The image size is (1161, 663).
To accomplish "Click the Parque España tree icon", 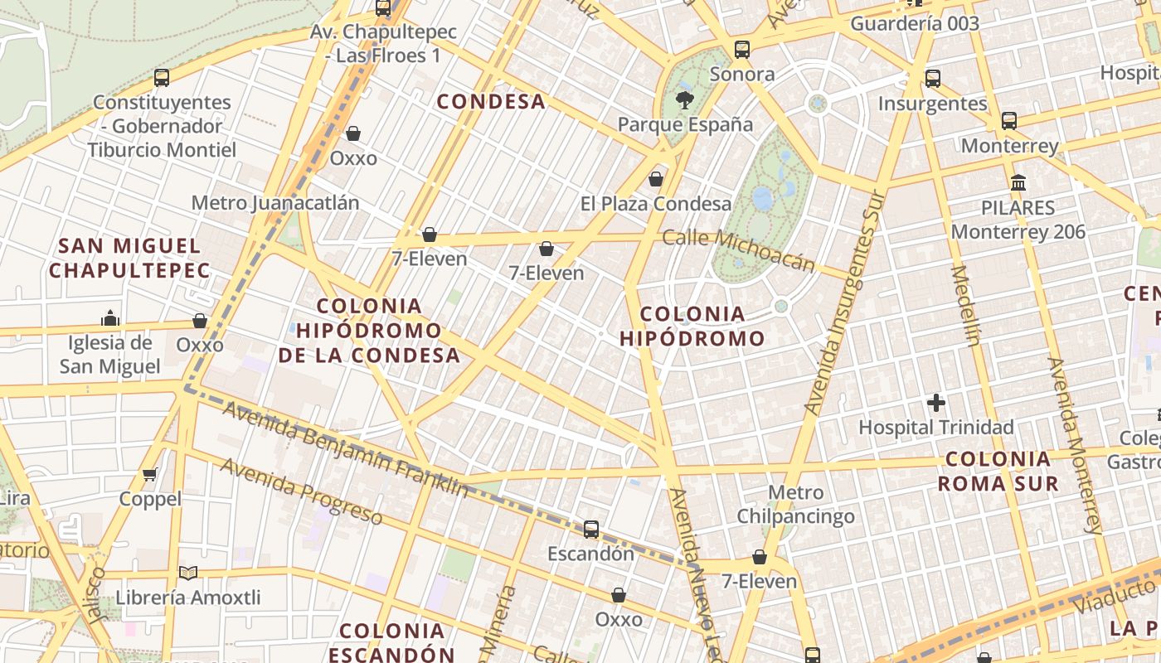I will [685, 100].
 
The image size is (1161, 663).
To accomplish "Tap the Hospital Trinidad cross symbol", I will [936, 404].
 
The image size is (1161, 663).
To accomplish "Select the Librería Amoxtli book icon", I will [188, 573].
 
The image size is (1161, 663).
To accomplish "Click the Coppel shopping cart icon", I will [150, 474].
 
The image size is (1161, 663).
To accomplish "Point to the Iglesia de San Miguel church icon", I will [109, 318].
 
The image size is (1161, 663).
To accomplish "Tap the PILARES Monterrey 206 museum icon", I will [1018, 182].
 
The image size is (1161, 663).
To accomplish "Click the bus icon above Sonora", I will [742, 50].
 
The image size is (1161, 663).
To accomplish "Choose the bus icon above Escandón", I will [591, 529].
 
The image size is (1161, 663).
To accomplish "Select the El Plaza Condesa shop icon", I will [656, 179].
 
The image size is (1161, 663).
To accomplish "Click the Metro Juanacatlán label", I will [275, 203].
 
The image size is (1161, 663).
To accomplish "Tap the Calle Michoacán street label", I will [739, 249].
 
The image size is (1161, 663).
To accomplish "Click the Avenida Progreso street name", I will [301, 491].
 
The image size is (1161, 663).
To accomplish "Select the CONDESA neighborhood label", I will [491, 102].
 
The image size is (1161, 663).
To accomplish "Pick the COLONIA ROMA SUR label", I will [998, 471].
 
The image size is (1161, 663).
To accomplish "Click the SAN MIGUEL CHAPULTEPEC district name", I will [129, 258].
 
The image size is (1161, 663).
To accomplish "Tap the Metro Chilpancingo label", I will [796, 505].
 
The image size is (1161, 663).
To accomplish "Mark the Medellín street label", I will [967, 304].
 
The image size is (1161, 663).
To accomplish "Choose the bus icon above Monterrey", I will [1009, 121].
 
